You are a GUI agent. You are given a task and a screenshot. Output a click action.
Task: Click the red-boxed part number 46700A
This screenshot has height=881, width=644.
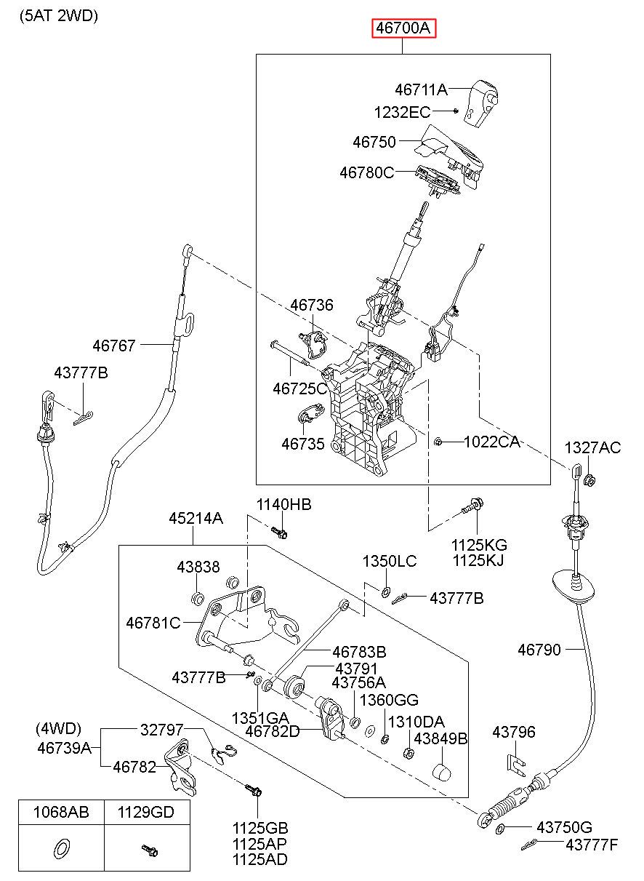404,28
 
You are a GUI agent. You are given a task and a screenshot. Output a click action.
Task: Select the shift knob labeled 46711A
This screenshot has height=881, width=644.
481,103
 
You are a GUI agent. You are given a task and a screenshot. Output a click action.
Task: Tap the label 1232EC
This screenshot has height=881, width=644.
402,113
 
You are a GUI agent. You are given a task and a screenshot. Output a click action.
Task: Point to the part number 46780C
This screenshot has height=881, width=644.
366,172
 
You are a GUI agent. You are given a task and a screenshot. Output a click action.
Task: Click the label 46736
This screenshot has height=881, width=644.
312,305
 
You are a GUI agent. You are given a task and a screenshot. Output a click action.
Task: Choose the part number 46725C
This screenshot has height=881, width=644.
299,388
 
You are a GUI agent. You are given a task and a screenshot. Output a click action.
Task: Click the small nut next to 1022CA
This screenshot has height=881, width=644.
438,442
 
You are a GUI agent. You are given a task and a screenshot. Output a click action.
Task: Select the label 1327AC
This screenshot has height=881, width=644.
592,447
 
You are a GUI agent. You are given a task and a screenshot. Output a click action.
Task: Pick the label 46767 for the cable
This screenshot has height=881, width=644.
114,346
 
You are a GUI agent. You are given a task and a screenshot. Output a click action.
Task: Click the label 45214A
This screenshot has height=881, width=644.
196,519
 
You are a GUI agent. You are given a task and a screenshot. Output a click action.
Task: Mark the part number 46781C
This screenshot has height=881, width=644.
153,623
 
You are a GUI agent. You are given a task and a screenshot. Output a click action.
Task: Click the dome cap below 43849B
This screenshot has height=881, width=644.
442,771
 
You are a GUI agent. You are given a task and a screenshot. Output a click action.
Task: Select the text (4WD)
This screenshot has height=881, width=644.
59,728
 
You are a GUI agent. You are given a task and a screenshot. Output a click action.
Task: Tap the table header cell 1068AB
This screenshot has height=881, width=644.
61,812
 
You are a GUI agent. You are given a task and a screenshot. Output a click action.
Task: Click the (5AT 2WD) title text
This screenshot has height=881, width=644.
59,16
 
